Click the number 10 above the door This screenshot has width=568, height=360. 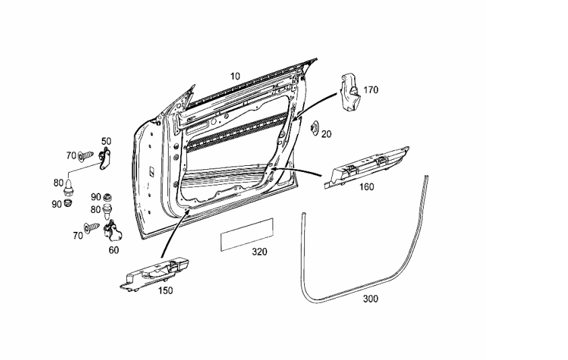click(235, 76)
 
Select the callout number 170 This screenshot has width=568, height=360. click(370, 90)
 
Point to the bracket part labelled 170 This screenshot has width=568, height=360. click(349, 93)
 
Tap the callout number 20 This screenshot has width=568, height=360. click(326, 134)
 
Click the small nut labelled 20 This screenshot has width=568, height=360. click(314, 128)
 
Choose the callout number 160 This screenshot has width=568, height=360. click(366, 187)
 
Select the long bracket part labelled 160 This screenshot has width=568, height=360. click(366, 168)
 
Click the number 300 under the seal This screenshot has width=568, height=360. click(370, 299)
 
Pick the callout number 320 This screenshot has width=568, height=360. click(259, 251)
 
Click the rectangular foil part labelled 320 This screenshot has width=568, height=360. click(247, 235)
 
